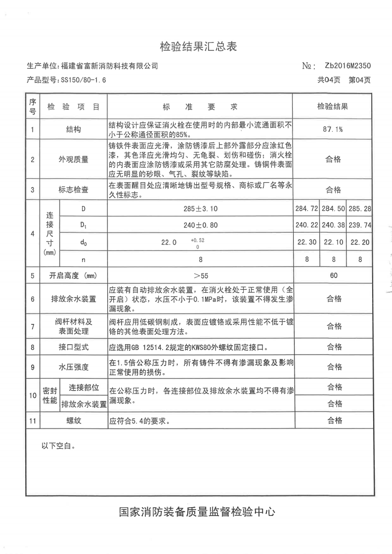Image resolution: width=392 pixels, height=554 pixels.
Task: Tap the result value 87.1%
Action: (333, 129)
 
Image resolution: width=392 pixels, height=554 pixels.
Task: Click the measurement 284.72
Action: (307, 209)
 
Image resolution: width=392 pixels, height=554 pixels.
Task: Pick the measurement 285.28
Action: (359, 209)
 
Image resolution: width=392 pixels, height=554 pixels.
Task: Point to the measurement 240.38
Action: (333, 225)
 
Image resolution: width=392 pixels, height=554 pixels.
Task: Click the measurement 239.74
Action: (359, 225)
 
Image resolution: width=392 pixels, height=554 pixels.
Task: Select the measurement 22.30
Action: (307, 242)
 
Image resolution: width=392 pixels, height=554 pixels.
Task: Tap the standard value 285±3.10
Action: (200, 209)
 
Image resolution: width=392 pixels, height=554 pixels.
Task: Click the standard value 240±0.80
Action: (200, 225)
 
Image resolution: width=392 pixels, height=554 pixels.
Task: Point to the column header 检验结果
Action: (333, 106)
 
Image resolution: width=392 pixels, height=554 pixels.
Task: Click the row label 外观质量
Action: (73, 159)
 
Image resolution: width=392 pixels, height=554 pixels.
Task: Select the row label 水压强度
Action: (73, 367)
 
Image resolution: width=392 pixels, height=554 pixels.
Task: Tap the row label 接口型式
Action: (73, 347)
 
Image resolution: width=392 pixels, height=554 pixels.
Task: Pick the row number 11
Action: (33, 421)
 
